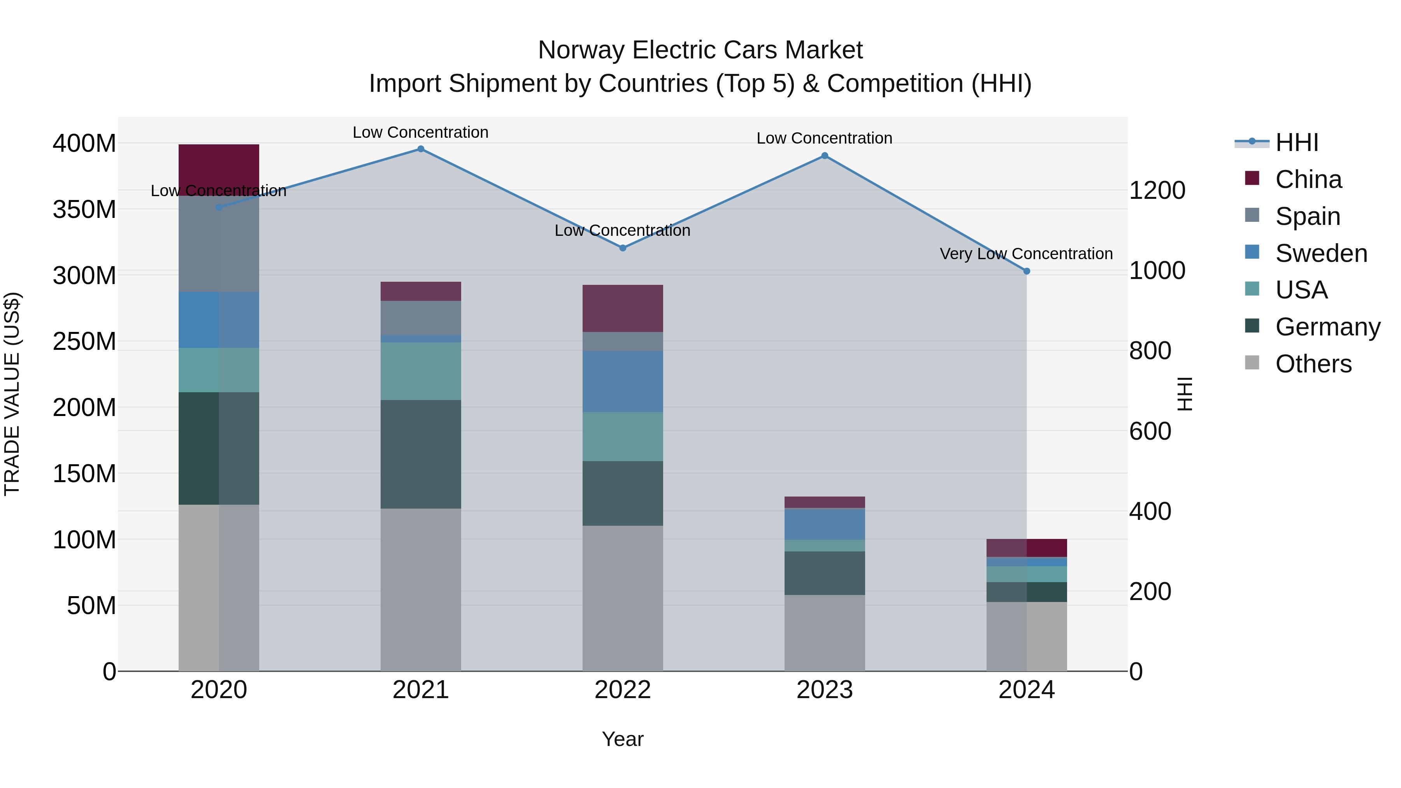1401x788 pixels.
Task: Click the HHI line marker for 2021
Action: tap(420, 149)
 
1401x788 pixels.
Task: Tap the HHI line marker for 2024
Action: tap(1026, 271)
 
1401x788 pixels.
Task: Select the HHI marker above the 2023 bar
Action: tap(825, 156)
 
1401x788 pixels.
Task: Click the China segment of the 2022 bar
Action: tap(623, 308)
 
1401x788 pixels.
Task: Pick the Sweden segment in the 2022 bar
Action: tap(623, 381)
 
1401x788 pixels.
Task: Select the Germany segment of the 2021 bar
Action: tap(420, 454)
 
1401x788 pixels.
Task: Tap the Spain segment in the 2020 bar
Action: tap(219, 243)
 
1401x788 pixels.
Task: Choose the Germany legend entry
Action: tap(1327, 327)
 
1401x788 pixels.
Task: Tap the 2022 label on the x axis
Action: tap(623, 690)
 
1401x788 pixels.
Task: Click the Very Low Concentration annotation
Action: tap(1026, 254)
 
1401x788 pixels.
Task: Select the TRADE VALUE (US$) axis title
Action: tap(12, 394)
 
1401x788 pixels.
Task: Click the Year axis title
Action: tap(623, 739)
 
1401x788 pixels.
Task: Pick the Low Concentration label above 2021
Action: tap(420, 132)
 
